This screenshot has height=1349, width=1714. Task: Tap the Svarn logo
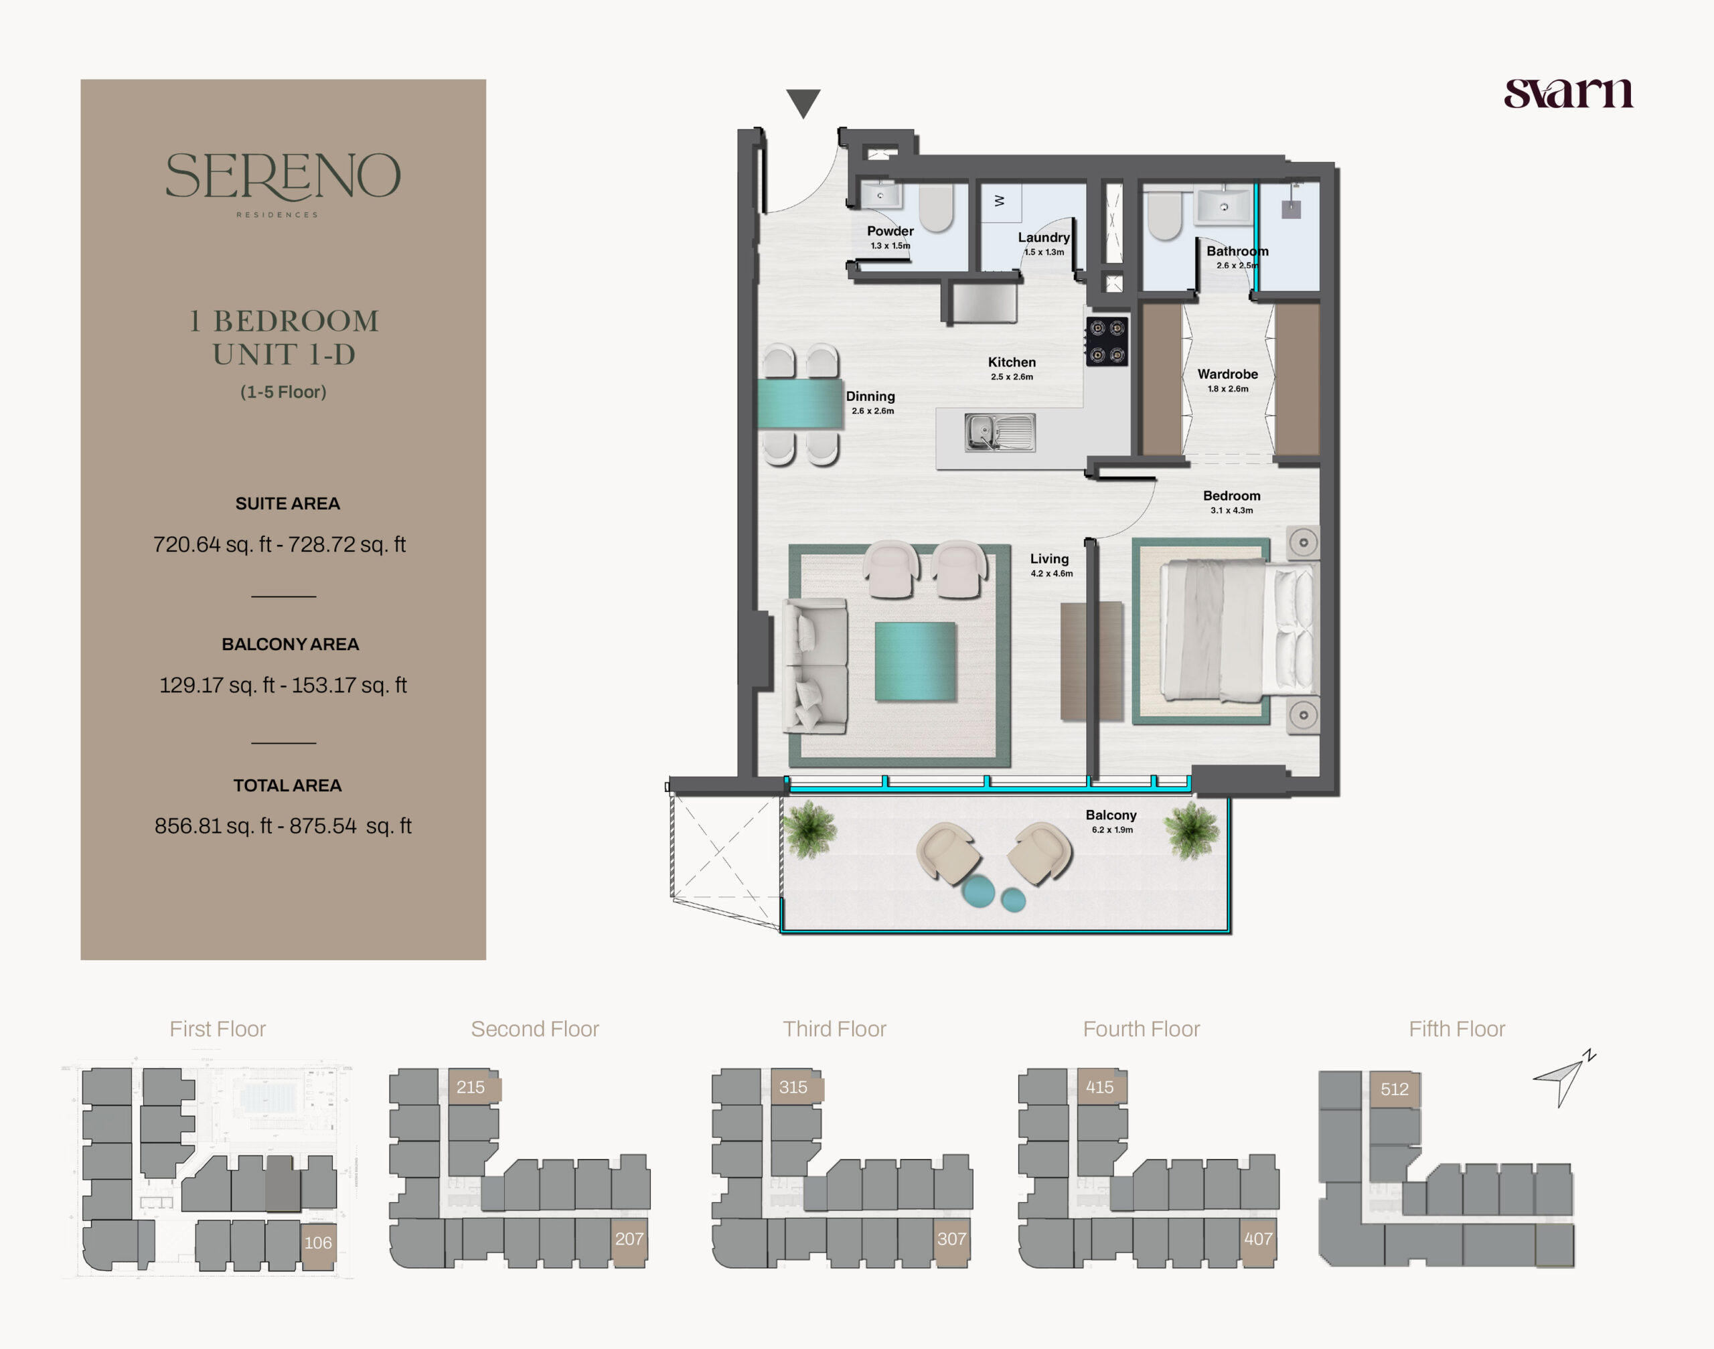pos(1568,93)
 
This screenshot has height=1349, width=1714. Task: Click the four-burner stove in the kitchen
pos(1107,341)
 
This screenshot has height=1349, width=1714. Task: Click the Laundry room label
pos(1043,238)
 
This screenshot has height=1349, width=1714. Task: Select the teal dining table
pos(799,404)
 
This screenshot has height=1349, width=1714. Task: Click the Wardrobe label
pos(1227,374)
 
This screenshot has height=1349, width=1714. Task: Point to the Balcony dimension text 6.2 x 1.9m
pos(1112,830)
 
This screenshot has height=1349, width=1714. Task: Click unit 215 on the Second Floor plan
pos(471,1088)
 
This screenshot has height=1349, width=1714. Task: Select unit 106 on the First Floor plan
pos(318,1243)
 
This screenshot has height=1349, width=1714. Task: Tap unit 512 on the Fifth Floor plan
pos(1394,1090)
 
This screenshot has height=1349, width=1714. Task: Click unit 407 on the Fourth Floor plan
pos(1257,1239)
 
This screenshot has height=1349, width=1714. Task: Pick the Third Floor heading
pos(834,1029)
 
